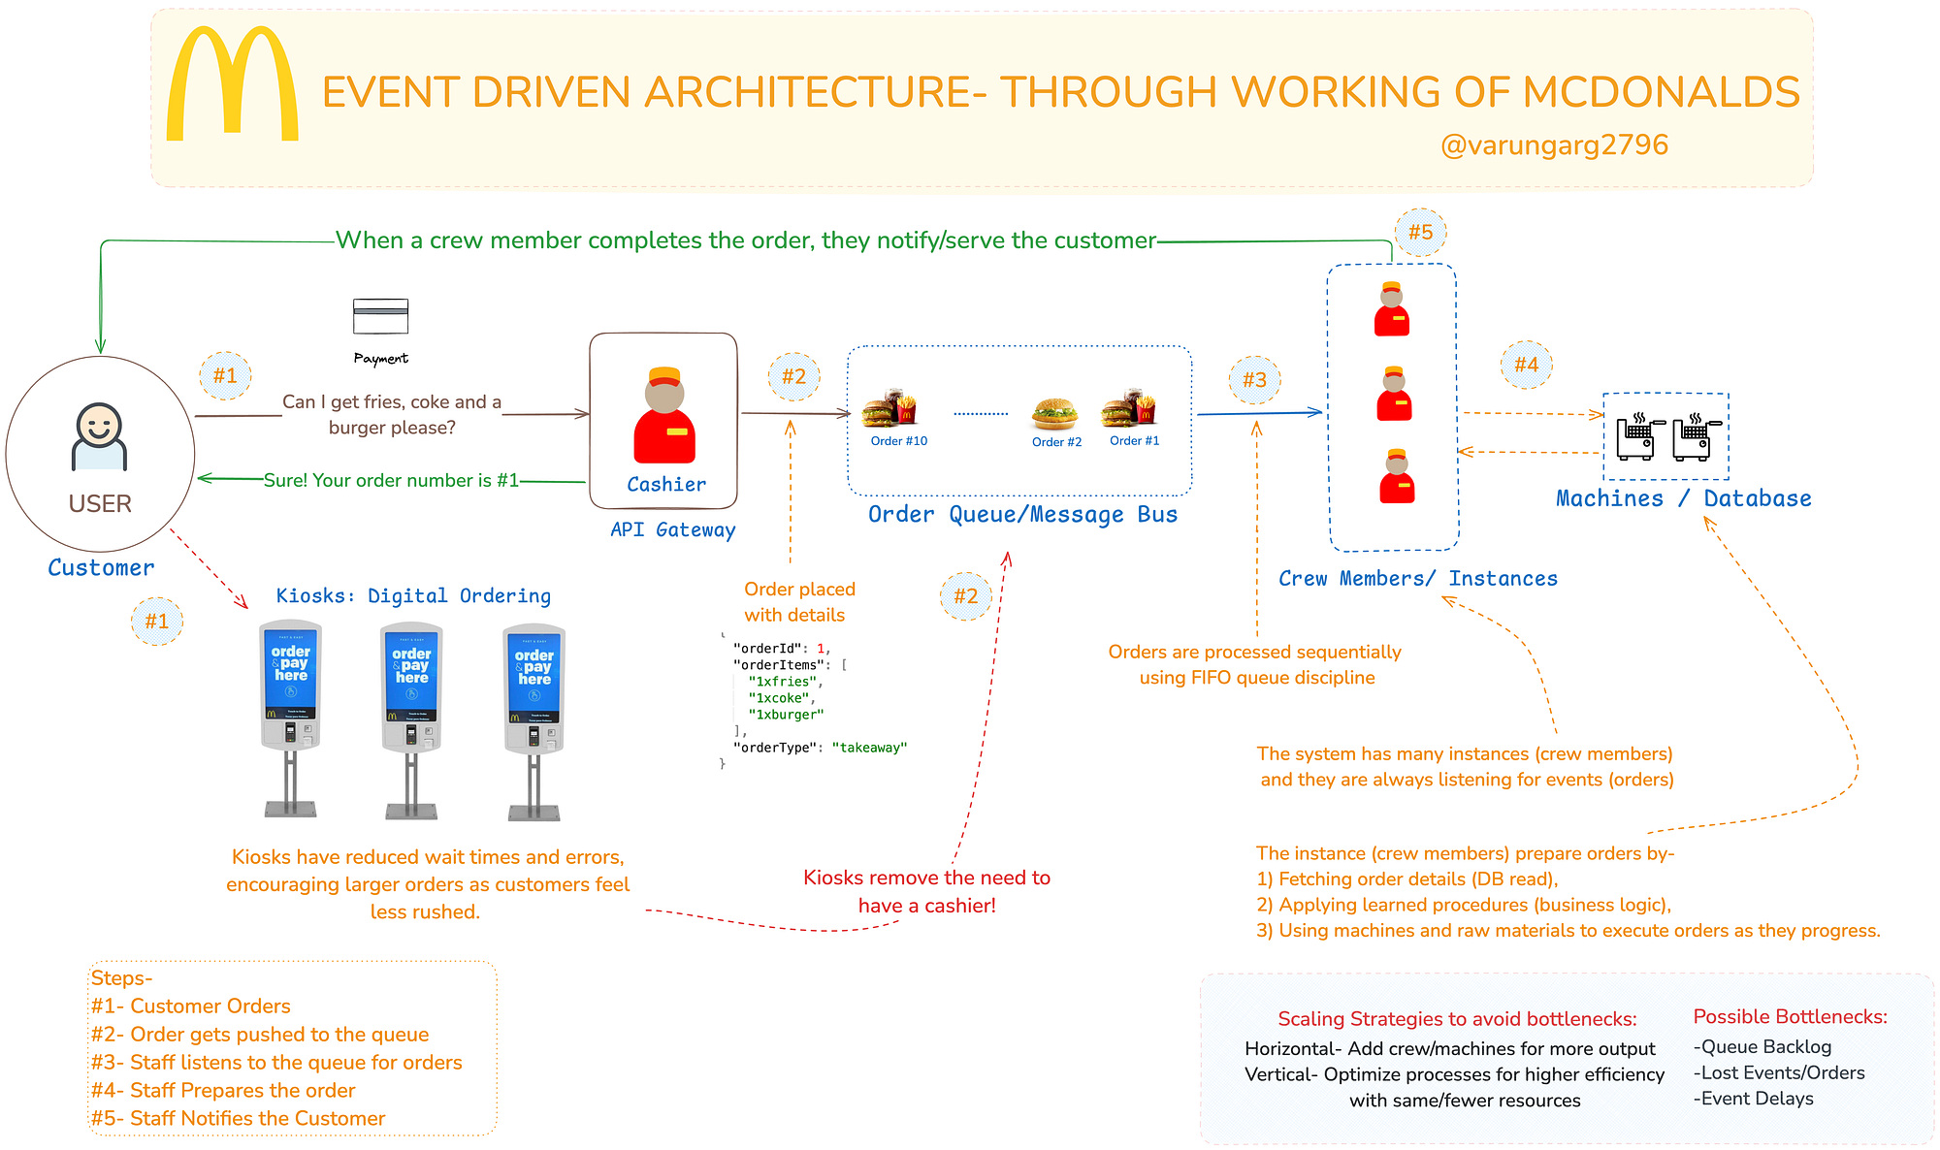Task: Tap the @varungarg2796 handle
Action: coord(1554,145)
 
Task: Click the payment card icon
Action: coord(380,316)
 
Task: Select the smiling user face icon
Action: coord(99,427)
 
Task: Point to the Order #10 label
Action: coord(898,441)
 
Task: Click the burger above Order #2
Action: coord(1054,413)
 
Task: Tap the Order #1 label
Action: coord(1134,441)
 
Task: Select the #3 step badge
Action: coord(1254,380)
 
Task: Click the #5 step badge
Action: coord(1420,233)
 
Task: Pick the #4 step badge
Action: coord(1526,365)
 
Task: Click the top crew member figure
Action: coord(1392,309)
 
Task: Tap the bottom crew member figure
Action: coord(1397,476)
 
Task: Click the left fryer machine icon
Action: coord(1637,436)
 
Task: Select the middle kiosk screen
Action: coord(412,675)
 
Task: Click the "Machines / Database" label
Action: coord(1683,498)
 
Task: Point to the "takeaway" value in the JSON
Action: coord(869,748)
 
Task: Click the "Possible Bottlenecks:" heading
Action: coord(1790,1016)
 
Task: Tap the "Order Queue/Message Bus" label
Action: coord(1022,515)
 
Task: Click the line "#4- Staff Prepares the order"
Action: coord(223,1090)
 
